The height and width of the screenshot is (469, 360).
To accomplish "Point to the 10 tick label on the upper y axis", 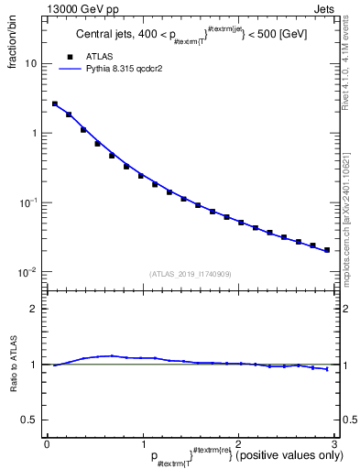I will pos(30,64).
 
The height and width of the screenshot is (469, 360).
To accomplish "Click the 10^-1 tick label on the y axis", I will pos(27,202).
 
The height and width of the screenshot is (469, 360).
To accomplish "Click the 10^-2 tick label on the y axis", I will pos(27,272).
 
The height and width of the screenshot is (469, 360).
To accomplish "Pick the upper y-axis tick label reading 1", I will pos(34,134).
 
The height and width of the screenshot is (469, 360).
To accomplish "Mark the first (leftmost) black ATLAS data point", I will pos(55,104).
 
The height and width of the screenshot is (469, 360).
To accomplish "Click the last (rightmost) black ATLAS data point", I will pos(327,249).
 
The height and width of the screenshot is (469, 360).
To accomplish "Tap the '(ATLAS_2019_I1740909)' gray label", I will pos(191,274).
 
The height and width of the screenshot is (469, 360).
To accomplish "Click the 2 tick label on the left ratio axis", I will pos(34,309).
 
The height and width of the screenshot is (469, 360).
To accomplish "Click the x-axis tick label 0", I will pos(47,443).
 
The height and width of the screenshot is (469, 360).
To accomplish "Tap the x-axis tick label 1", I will pos(142,443).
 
